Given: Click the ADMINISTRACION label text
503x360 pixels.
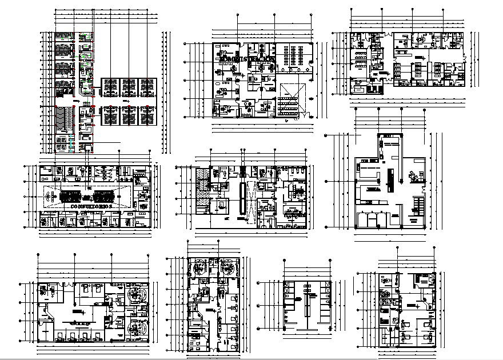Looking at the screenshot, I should pyautogui.click(x=246, y=59).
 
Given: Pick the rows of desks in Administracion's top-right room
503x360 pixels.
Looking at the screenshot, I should pyautogui.click(x=295, y=55).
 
